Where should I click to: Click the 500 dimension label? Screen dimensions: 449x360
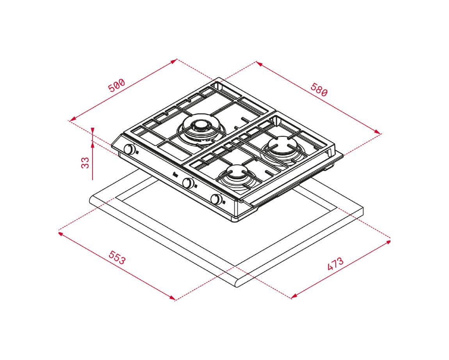click(x=117, y=85)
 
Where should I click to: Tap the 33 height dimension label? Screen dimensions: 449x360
click(x=85, y=163)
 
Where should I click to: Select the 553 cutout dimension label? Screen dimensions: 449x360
click(x=117, y=257)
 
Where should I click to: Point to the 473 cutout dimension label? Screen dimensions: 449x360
click(x=335, y=264)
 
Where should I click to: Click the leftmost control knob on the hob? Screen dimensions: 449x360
click(x=130, y=149)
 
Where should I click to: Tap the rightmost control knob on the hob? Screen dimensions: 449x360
click(x=216, y=199)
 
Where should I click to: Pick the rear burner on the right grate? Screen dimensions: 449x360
click(x=283, y=148)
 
